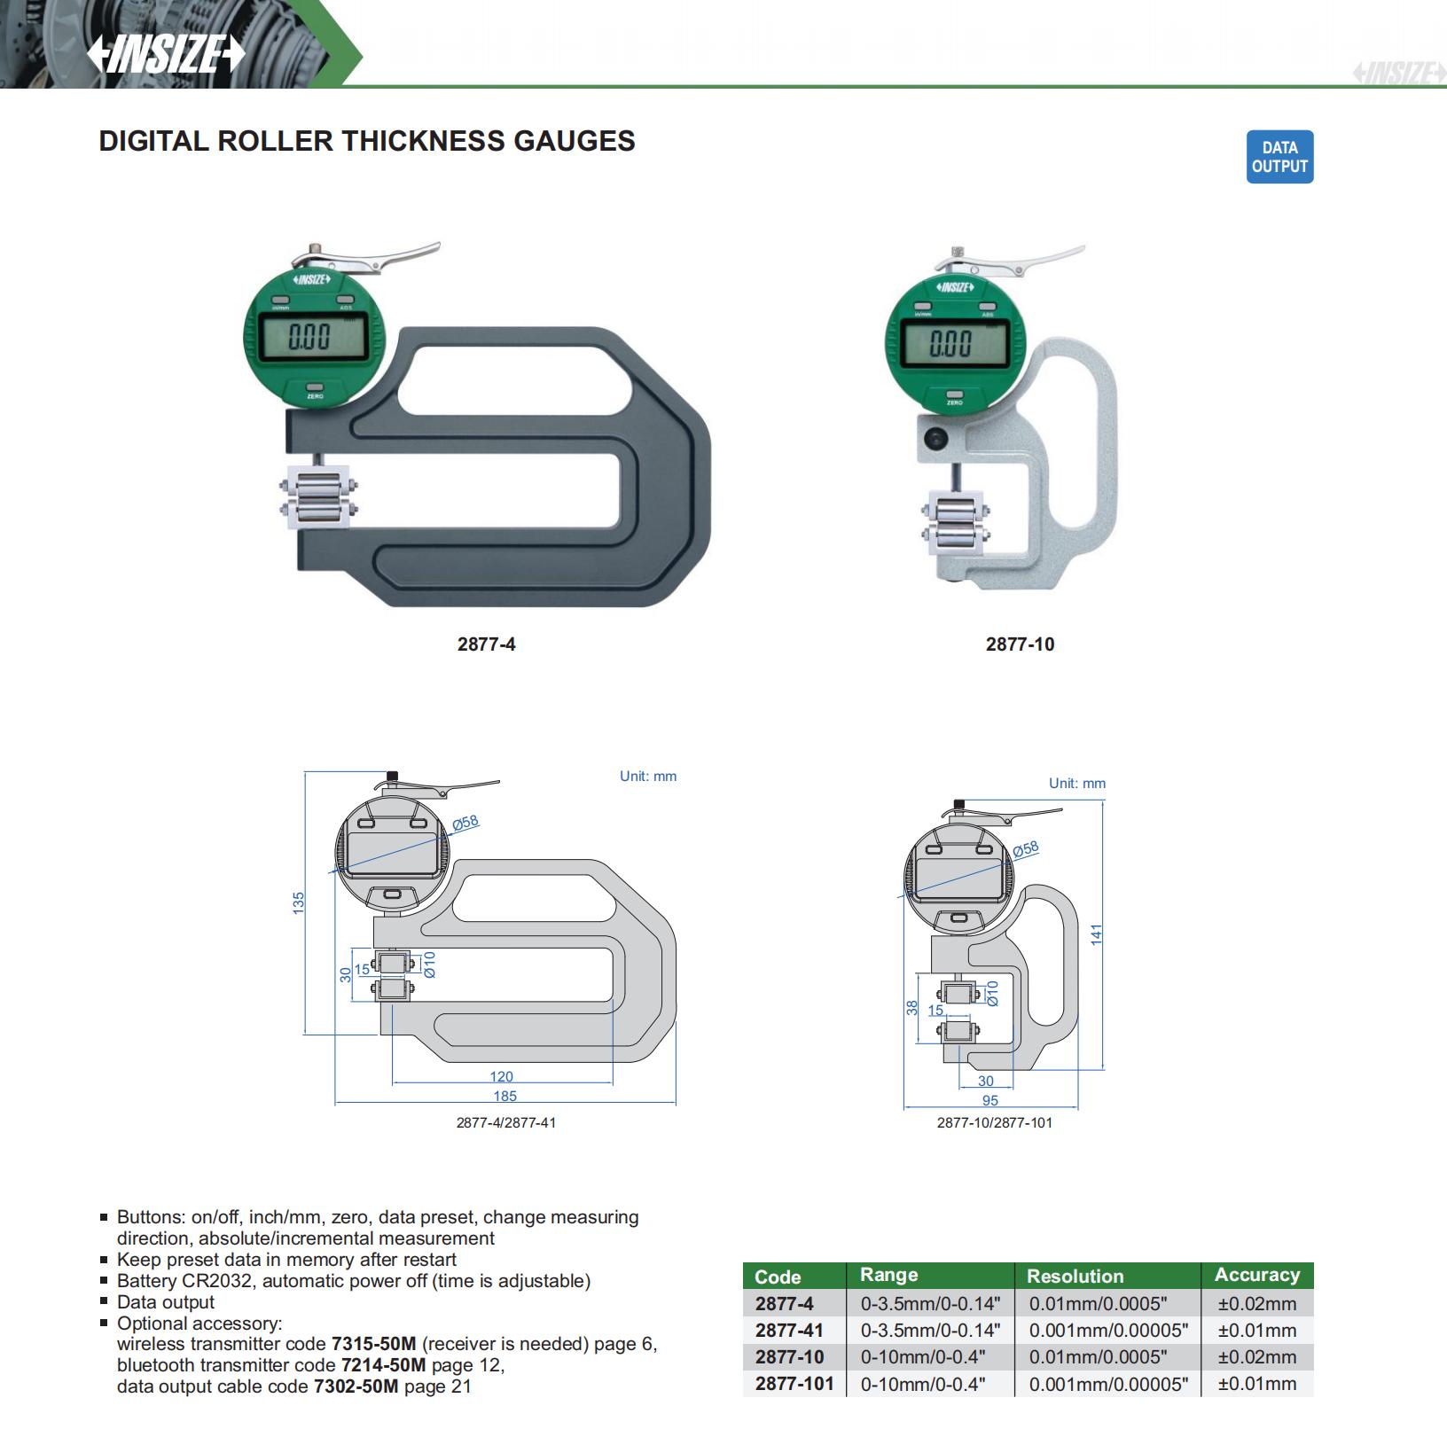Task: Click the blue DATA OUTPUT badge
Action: click(1279, 157)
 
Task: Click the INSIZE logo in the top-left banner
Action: click(166, 54)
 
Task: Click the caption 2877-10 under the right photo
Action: click(1020, 644)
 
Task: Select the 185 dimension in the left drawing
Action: click(504, 1096)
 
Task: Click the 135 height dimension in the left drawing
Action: click(299, 903)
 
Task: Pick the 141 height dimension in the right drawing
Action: click(1096, 934)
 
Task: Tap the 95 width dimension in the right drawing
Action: click(990, 1100)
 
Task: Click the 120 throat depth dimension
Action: click(501, 1076)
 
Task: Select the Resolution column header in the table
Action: click(1075, 1276)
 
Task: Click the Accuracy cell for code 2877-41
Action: click(1256, 1330)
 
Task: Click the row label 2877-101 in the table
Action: click(794, 1383)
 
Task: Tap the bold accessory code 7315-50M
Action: click(373, 1344)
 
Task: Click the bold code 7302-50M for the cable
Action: click(356, 1386)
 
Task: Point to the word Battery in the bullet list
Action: click(146, 1281)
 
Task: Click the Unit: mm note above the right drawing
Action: click(1077, 784)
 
